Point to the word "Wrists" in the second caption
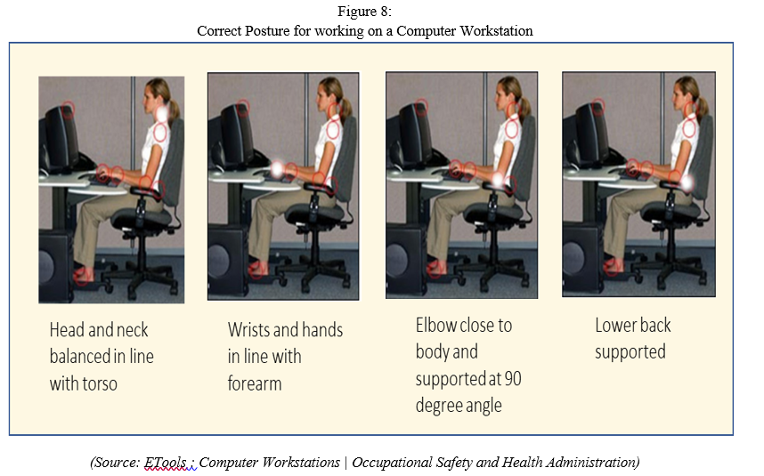(248, 329)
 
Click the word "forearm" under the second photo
(255, 383)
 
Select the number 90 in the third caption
(512, 379)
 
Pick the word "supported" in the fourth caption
(630, 352)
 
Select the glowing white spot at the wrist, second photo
(277, 169)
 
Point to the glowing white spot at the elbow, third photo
(497, 180)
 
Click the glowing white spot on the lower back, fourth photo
(687, 183)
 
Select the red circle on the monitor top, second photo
(244, 108)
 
